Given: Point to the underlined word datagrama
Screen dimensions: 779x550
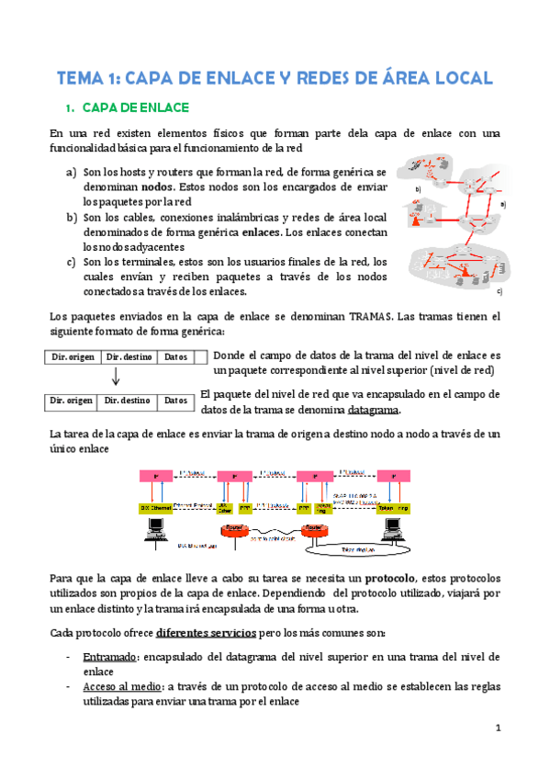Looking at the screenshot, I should (373, 410).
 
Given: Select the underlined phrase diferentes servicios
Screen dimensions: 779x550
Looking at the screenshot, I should (208, 634).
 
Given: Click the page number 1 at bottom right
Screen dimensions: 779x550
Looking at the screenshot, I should (497, 730).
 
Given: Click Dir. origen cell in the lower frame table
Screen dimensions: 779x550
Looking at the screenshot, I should (71, 401).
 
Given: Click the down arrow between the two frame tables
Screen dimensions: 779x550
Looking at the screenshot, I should (116, 378).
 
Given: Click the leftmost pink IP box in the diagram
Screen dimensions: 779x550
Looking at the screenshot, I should (157, 476).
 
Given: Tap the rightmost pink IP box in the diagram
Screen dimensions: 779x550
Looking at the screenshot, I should (393, 476).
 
